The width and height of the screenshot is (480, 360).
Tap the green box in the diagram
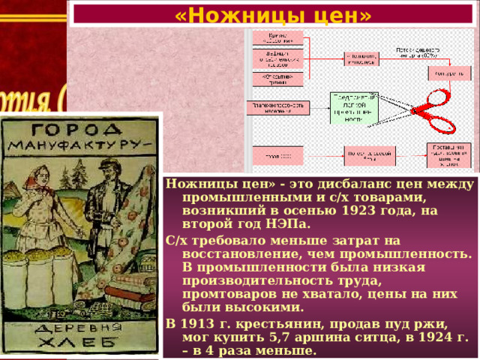(354, 109)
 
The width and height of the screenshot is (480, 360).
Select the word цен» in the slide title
(338, 14)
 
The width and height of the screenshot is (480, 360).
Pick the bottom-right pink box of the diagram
(448, 154)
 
